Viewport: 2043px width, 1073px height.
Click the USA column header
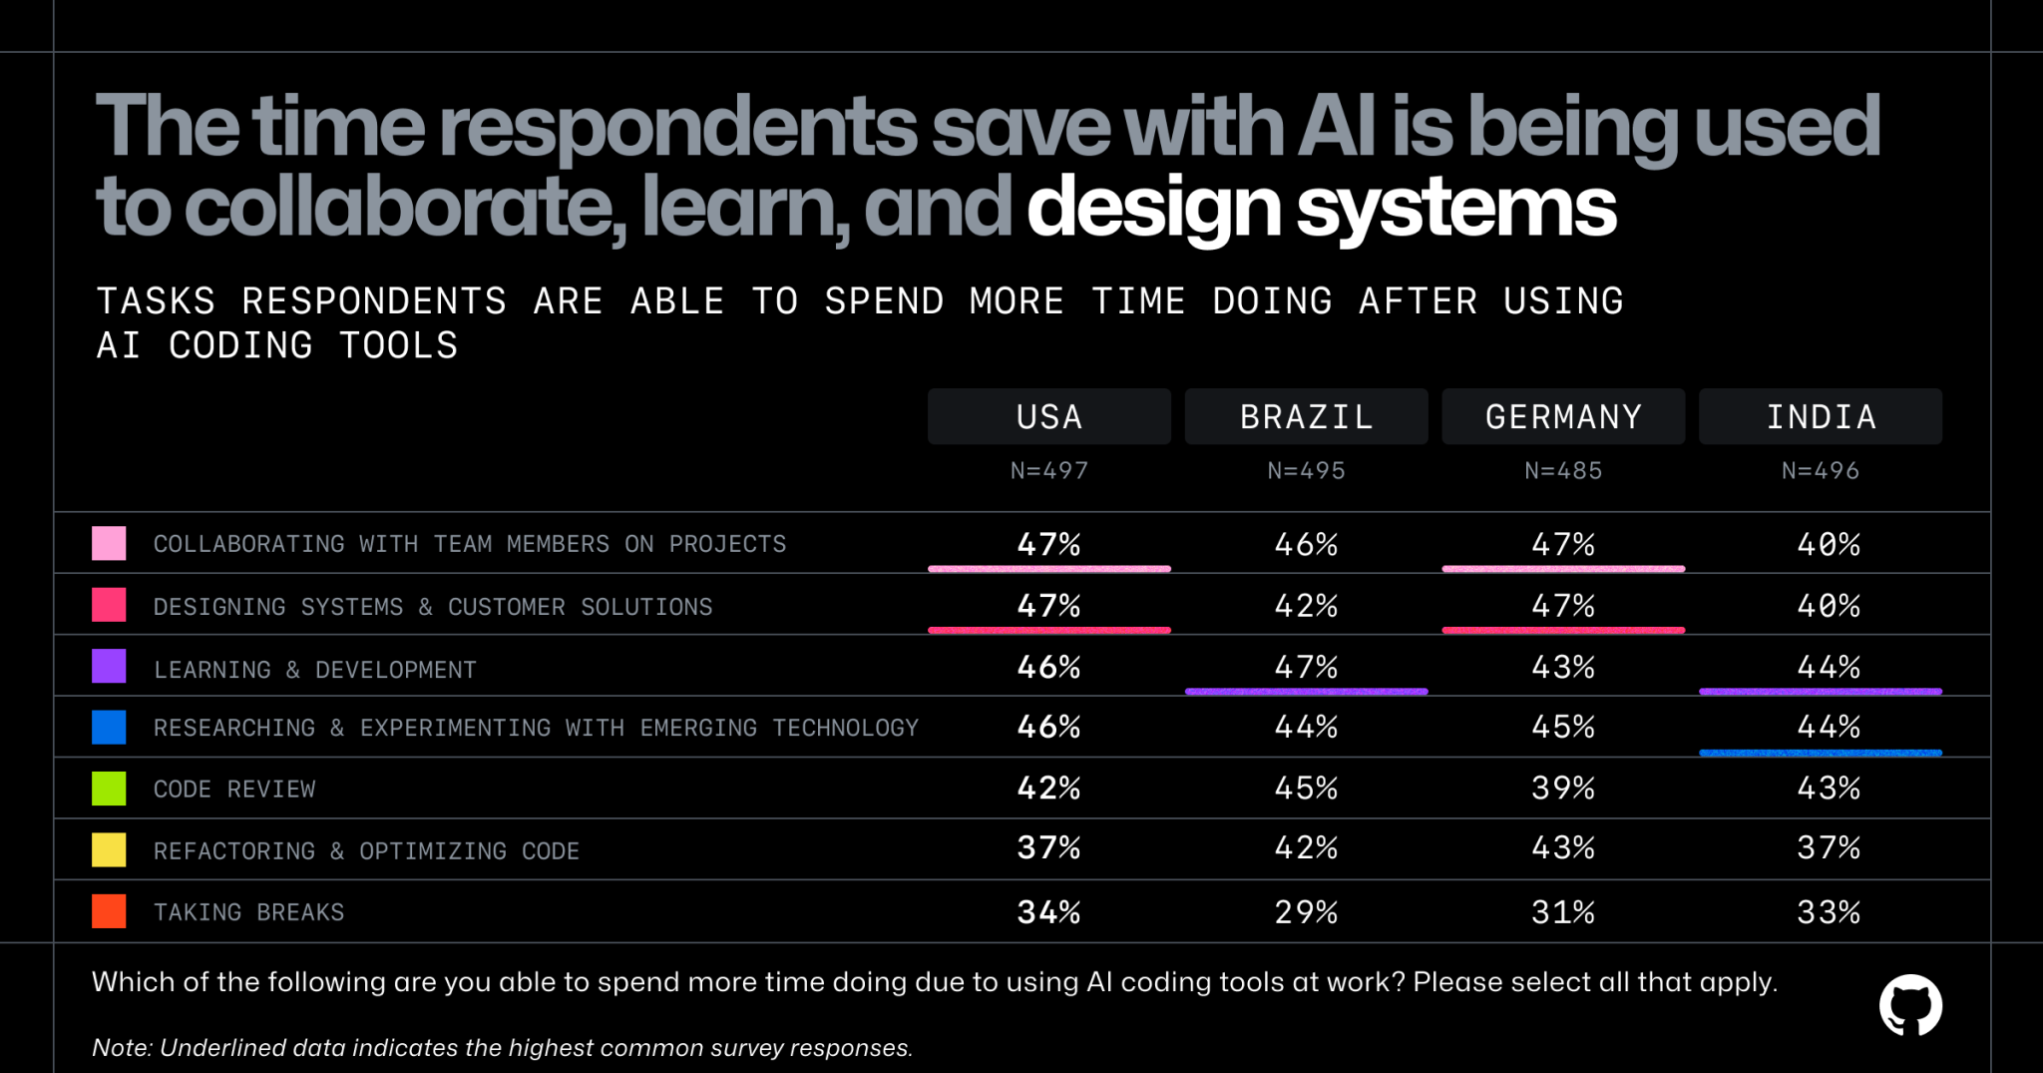click(1048, 416)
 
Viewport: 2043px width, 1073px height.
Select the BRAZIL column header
click(1306, 416)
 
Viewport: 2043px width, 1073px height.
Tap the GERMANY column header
click(1563, 416)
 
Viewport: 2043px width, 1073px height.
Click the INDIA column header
click(1821, 416)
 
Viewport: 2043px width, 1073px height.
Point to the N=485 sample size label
click(1563, 470)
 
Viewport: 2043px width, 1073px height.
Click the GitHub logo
click(1910, 1005)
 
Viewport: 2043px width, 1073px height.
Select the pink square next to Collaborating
click(109, 544)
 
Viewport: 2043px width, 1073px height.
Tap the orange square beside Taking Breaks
click(109, 911)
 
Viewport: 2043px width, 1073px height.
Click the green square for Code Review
click(109, 789)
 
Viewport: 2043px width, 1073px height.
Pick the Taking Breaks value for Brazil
click(1306, 911)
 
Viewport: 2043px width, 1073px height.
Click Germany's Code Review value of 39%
click(1563, 789)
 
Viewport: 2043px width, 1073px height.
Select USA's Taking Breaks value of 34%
click(1048, 911)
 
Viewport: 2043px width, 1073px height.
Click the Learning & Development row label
click(314, 670)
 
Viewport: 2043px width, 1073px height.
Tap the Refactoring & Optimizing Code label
click(366, 851)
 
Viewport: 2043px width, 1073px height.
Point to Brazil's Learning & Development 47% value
click(1306, 667)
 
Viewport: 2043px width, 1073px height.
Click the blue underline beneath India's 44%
click(1821, 753)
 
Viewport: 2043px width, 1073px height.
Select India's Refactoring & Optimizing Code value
click(1828, 848)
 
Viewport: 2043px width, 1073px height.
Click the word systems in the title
click(1455, 208)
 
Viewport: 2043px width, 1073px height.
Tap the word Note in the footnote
click(120, 1047)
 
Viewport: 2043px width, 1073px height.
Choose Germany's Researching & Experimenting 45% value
click(1563, 727)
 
